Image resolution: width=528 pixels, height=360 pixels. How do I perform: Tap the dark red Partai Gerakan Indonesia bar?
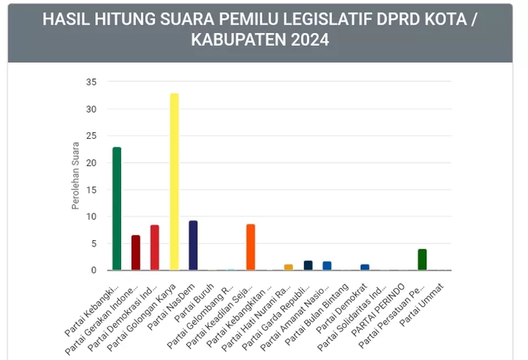coord(136,252)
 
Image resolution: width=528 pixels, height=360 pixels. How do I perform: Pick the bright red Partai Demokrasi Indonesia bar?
coord(155,247)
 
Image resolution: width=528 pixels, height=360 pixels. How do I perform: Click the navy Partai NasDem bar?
coord(193,245)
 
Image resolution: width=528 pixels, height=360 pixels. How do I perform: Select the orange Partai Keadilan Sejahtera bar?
coord(251,247)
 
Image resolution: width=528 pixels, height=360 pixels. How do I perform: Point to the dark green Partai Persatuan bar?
coord(422,259)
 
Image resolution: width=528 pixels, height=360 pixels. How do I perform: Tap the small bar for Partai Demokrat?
coord(365,267)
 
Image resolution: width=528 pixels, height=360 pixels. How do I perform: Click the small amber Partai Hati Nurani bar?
coord(289,267)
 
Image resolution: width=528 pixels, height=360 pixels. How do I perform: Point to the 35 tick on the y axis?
coord(91,82)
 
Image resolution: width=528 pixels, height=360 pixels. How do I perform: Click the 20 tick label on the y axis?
coord(91,163)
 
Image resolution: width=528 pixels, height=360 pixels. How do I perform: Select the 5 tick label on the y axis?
coord(94,244)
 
